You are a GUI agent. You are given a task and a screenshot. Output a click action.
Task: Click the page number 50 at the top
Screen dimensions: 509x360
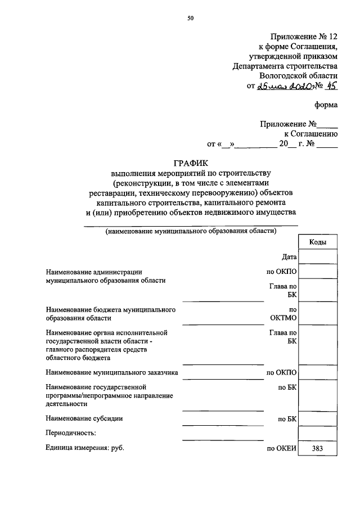pyautogui.click(x=191, y=19)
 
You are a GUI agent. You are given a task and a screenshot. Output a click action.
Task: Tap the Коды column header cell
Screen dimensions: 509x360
pyautogui.click(x=317, y=242)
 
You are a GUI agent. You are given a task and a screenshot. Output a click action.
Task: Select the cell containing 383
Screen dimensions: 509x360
pyautogui.click(x=317, y=448)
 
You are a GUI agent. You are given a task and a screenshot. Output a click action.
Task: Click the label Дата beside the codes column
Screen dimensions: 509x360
pyautogui.click(x=289, y=257)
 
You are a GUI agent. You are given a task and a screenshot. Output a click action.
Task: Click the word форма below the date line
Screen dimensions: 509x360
pyautogui.click(x=326, y=104)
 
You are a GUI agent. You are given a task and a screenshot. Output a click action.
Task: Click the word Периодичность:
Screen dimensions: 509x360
pyautogui.click(x=71, y=433)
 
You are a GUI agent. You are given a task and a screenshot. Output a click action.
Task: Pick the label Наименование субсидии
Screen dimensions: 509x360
pyautogui.click(x=84, y=418)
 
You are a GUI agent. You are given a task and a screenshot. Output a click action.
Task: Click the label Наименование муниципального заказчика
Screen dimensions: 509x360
pyautogui.click(x=112, y=372)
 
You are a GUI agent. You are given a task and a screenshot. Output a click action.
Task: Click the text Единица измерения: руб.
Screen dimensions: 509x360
pyautogui.click(x=84, y=448)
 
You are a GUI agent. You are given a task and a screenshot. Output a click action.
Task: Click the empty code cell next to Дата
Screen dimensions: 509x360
pyautogui.click(x=317, y=257)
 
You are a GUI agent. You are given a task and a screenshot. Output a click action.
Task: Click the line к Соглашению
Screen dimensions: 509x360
pyautogui.click(x=310, y=133)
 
